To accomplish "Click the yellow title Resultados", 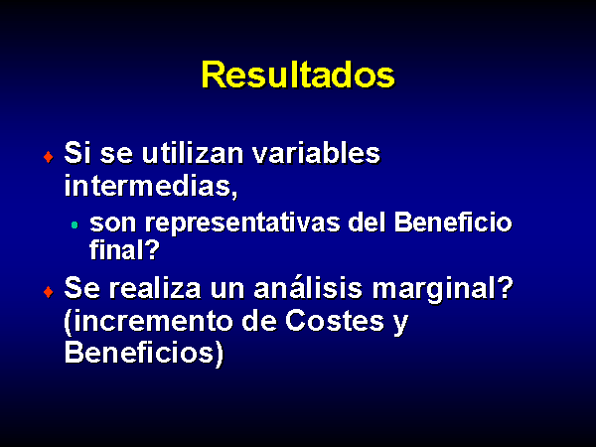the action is [298, 74].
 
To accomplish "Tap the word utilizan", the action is [193, 153].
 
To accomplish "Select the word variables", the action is [316, 153].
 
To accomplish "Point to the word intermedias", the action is [151, 187].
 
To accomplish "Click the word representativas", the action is [242, 223].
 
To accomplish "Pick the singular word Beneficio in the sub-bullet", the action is [453, 222].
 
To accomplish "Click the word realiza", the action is [155, 288].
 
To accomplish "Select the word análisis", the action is [308, 288].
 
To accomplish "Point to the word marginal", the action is [443, 290].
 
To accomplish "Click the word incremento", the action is [148, 322].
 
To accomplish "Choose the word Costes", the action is [335, 321].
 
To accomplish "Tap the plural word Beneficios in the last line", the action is [144, 354].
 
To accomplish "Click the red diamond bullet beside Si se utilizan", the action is [49, 156].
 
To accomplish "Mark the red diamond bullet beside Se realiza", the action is [49, 291].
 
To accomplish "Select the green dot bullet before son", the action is [74, 225].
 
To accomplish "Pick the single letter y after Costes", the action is [400, 324].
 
